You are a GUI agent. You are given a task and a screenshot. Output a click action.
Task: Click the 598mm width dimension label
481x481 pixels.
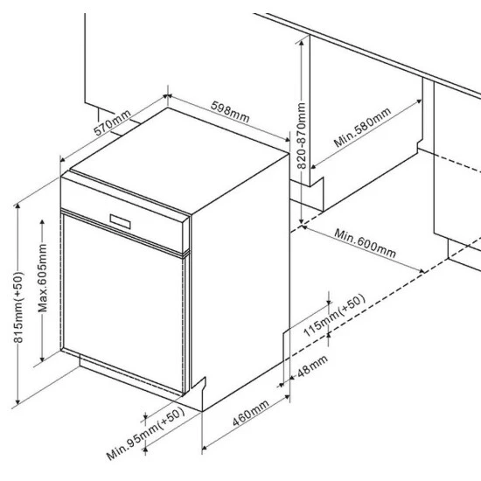[x=230, y=112]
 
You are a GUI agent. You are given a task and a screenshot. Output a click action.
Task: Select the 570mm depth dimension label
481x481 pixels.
[x=112, y=122]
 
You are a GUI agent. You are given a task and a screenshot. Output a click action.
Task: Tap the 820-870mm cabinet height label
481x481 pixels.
[x=302, y=136]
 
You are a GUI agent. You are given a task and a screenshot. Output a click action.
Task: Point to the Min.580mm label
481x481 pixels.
[x=362, y=128]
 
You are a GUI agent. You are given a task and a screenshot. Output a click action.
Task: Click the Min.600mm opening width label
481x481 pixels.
[x=365, y=243]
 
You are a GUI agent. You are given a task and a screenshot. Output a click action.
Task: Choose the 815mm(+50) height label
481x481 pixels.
[x=18, y=307]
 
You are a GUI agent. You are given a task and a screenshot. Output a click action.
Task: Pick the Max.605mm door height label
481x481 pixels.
[x=42, y=278]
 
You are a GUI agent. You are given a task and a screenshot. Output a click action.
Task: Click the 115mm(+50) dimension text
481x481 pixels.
[x=334, y=316]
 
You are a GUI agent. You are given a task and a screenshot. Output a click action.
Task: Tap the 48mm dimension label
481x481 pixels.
[x=312, y=366]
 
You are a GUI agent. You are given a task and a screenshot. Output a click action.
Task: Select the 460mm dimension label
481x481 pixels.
[x=251, y=413]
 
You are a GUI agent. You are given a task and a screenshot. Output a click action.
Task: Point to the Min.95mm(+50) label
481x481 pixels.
[x=145, y=434]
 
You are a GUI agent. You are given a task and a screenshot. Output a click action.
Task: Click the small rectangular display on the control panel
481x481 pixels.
[x=121, y=221]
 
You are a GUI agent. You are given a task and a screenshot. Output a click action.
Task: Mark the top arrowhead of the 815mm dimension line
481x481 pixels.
[x=17, y=206]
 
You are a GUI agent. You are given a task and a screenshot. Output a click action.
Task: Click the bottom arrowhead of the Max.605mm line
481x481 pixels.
[x=42, y=359]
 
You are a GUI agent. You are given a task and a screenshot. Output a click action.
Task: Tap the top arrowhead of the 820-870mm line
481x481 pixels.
[x=302, y=43]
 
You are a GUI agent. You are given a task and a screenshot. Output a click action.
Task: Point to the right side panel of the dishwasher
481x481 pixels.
[x=240, y=282]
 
